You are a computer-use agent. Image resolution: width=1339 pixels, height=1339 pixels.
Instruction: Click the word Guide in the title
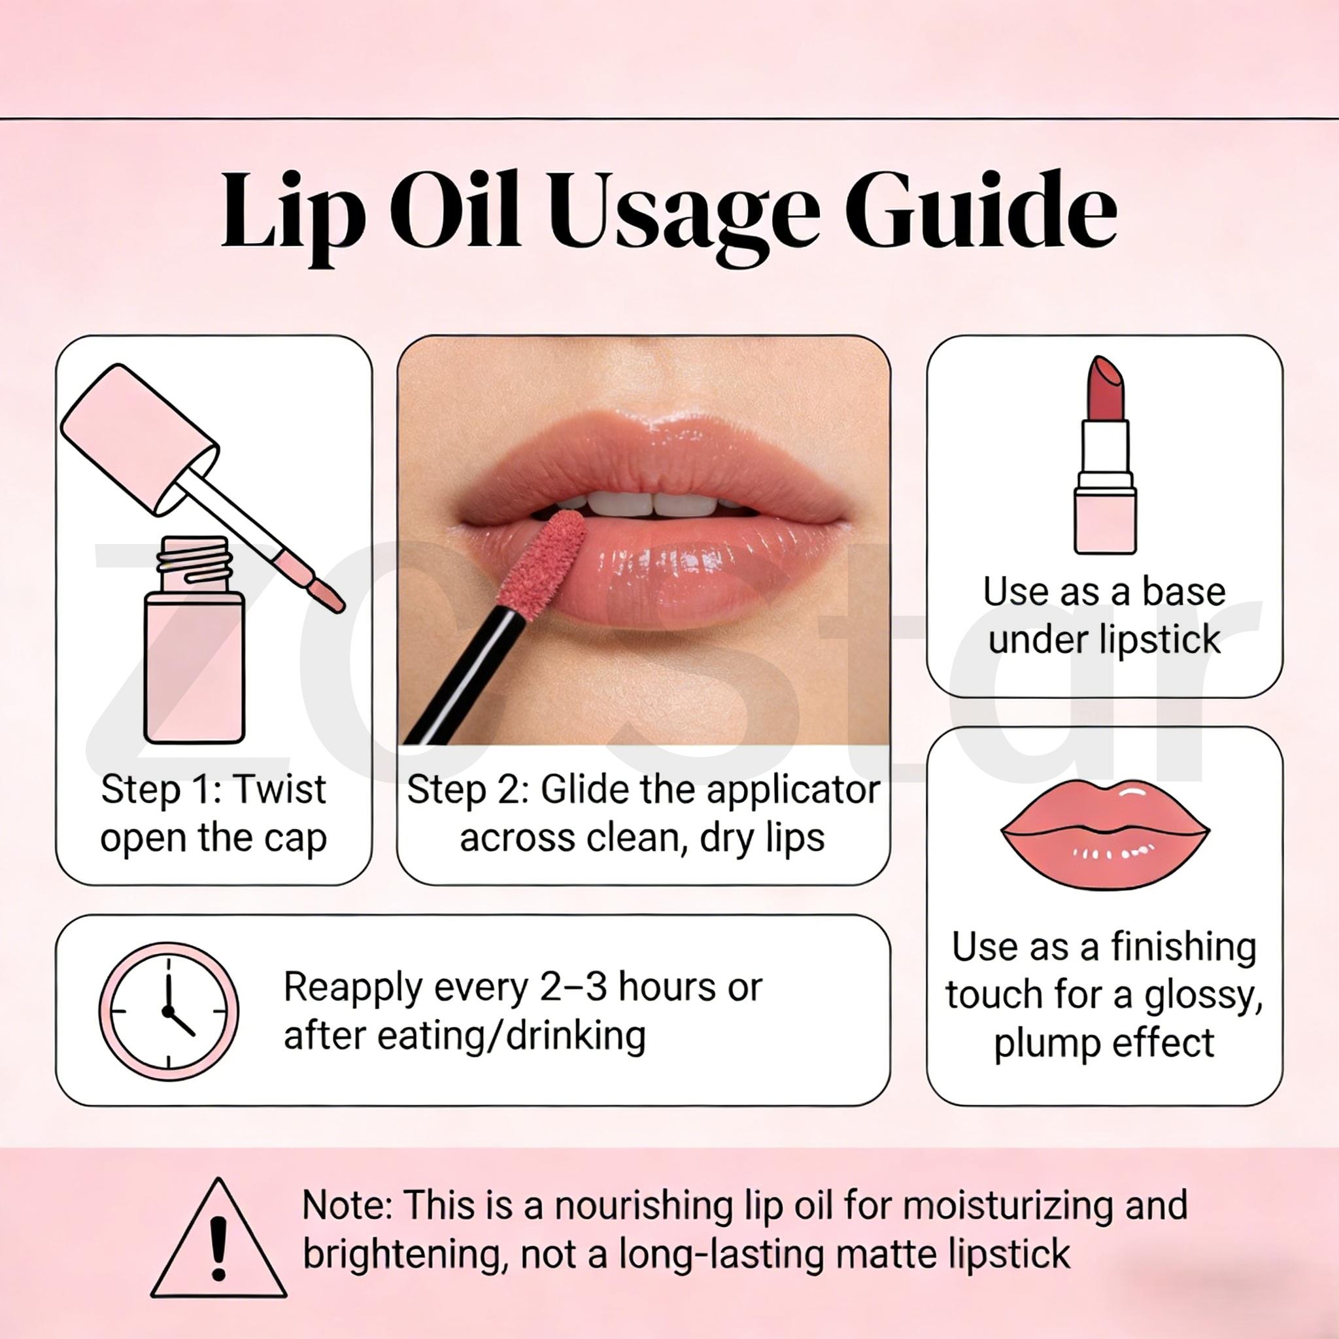click(980, 210)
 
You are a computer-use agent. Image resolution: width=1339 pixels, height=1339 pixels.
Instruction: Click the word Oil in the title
click(454, 210)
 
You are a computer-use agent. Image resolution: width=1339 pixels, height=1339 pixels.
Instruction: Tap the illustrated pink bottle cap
click(139, 437)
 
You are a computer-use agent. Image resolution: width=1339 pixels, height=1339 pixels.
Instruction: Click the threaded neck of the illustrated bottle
click(194, 564)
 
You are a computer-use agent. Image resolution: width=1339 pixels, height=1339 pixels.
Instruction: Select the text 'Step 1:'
click(160, 789)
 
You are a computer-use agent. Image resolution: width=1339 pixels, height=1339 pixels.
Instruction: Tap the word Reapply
click(353, 989)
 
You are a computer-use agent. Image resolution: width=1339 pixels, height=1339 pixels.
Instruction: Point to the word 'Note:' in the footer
click(347, 1205)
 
